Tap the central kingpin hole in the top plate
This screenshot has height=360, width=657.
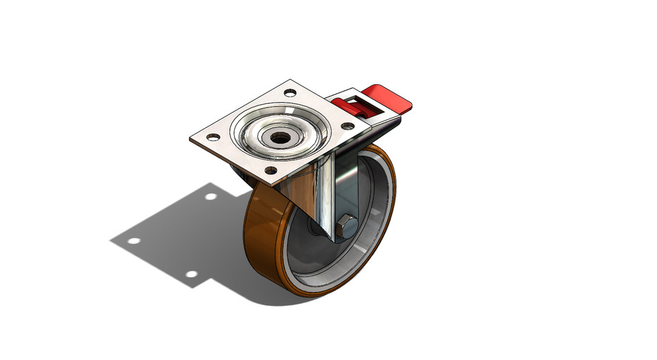click(279, 137)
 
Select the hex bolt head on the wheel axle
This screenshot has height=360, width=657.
click(346, 225)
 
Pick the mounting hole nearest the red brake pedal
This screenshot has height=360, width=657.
click(348, 126)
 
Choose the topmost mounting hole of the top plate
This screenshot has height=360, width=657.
click(290, 92)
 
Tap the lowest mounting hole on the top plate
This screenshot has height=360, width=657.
click(271, 170)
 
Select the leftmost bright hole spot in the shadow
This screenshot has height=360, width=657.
click(133, 241)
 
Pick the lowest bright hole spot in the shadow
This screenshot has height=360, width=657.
click(192, 274)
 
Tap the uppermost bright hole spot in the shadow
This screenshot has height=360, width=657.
click(211, 196)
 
